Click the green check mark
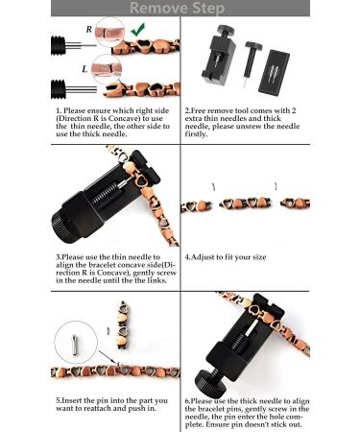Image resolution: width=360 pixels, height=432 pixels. [138, 29]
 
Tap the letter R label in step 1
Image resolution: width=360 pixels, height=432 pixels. [89, 29]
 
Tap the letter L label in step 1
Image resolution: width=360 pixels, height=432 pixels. [84, 69]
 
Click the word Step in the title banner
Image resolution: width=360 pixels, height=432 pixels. [207, 9]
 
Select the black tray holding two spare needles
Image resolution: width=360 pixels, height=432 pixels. [274, 72]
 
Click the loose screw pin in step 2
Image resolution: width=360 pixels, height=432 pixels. [252, 63]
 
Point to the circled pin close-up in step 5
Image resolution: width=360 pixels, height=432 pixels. [76, 343]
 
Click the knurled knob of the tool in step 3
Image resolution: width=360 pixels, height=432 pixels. [66, 225]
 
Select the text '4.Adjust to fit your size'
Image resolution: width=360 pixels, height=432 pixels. [226, 257]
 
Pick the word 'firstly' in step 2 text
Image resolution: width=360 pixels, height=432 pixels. [196, 134]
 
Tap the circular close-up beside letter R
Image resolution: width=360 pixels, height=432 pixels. [109, 32]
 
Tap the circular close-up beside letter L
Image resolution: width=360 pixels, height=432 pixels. [107, 69]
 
